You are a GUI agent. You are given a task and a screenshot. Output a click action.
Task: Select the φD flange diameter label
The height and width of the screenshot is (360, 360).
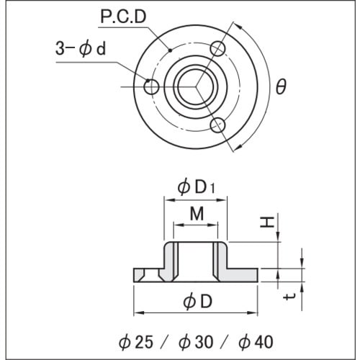point(197,302)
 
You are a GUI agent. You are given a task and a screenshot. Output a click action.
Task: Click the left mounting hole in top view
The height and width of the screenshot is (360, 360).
point(151,87)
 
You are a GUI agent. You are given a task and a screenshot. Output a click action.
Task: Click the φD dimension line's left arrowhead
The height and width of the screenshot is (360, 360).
point(138,313)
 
